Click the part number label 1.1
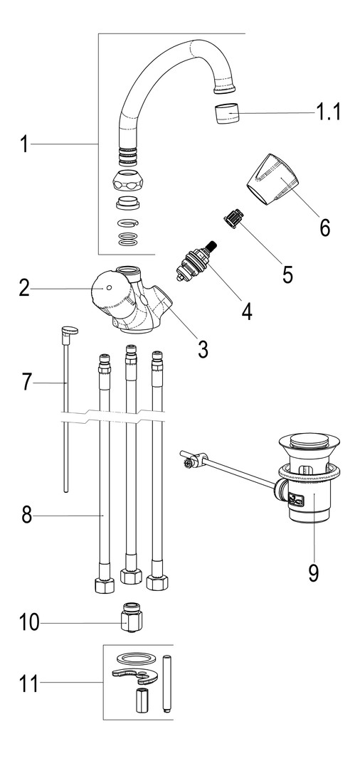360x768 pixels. point(327,113)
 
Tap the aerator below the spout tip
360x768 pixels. point(228,114)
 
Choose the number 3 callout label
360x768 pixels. point(203,348)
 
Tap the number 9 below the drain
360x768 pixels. point(314,573)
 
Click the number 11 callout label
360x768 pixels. point(29,683)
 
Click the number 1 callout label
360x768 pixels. point(24,144)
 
